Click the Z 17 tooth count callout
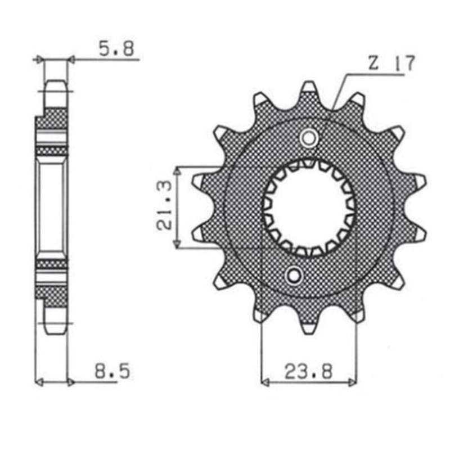coord(391,64)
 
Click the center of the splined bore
coord(309,208)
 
